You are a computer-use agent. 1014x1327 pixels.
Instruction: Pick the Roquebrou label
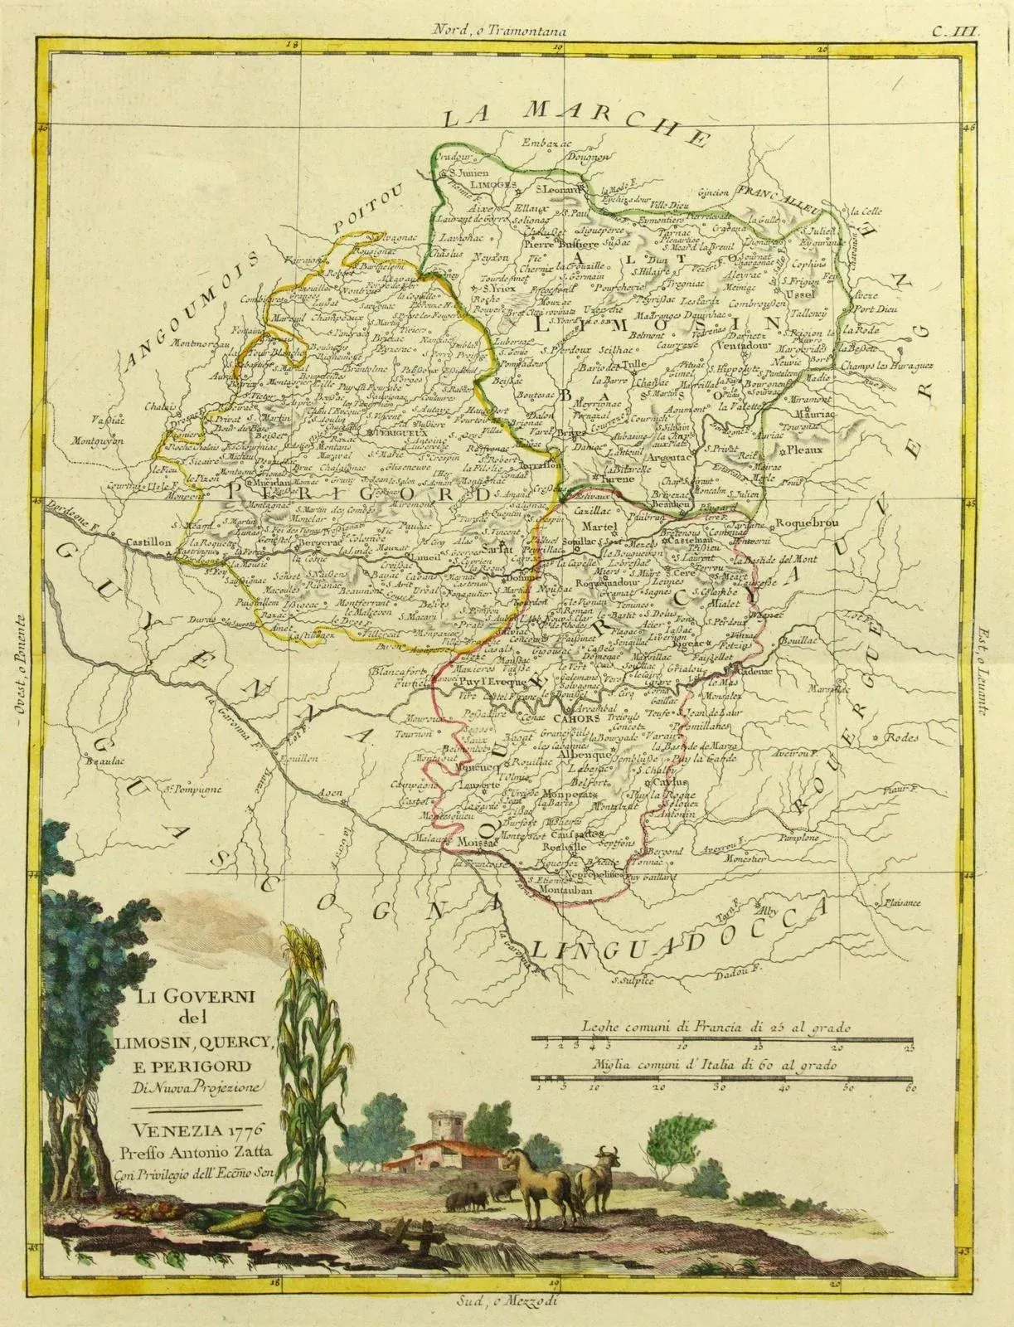pyautogui.click(x=801, y=524)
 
